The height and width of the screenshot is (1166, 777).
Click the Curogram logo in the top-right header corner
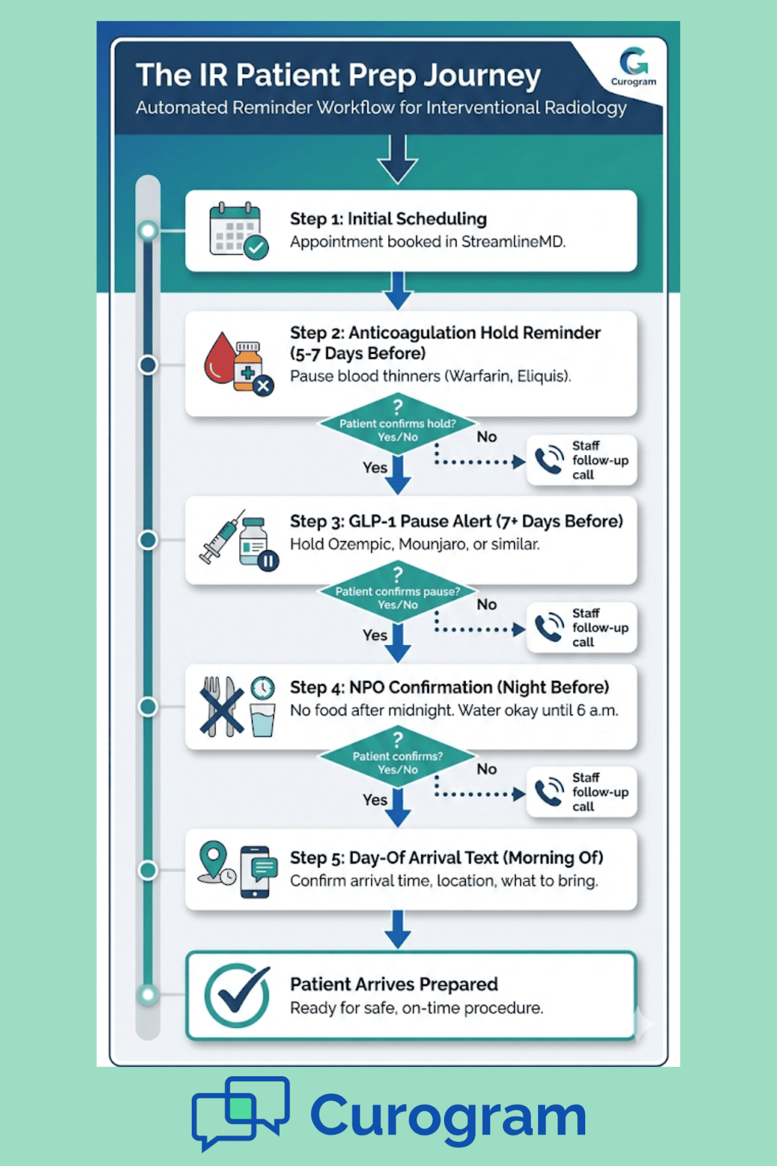click(634, 66)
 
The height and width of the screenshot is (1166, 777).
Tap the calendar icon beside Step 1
click(237, 230)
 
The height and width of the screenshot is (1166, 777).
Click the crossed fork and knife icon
click(221, 706)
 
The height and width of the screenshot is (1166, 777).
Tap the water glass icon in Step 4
click(262, 721)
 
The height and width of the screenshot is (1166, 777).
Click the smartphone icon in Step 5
click(255, 872)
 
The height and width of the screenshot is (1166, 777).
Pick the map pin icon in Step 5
click(213, 860)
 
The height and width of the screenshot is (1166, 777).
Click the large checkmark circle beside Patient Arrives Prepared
click(237, 995)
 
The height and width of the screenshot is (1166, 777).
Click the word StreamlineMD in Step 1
click(512, 242)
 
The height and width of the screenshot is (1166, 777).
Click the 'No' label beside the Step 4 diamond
click(487, 770)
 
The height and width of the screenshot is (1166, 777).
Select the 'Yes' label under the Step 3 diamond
click(375, 635)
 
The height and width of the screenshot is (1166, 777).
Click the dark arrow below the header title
click(398, 160)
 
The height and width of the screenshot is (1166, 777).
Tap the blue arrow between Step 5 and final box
click(398, 929)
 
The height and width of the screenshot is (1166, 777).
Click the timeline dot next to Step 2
click(148, 365)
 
